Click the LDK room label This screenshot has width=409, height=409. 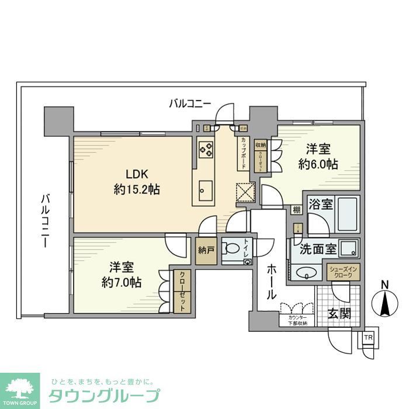(x=132, y=174)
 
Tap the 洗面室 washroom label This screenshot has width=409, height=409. (x=318, y=248)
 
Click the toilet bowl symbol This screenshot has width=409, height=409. (x=233, y=248)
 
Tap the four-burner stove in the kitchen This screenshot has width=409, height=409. (x=206, y=150)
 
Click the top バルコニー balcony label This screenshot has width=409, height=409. (x=189, y=104)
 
